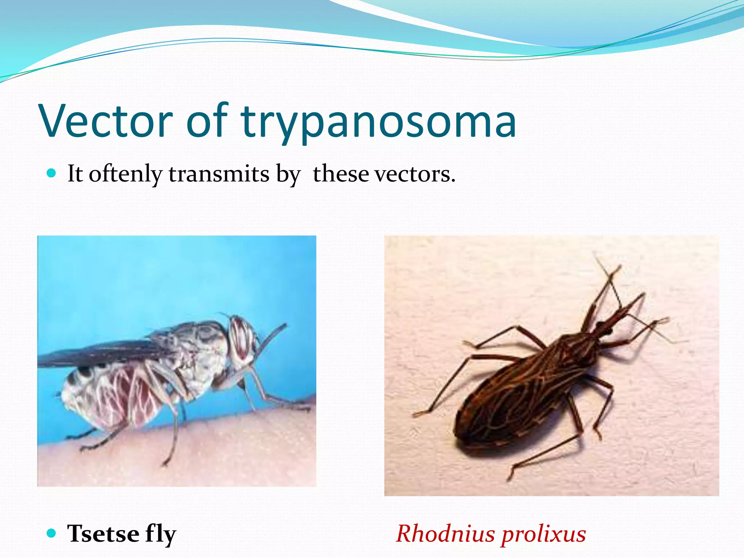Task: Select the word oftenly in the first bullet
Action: [x=125, y=174]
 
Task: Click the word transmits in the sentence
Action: [x=219, y=174]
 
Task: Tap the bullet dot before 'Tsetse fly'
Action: [x=52, y=533]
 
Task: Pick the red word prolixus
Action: [x=543, y=534]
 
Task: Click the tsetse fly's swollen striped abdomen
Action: [x=109, y=396]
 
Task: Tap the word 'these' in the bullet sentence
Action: [x=341, y=174]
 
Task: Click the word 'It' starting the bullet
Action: [x=75, y=174]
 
